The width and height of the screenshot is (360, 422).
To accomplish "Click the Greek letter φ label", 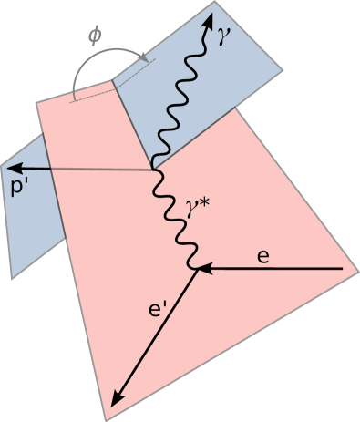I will pyautogui.click(x=95, y=36).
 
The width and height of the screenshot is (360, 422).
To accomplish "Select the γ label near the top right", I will pyautogui.click(x=224, y=35).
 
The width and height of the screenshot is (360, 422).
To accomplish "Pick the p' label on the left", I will pyautogui.click(x=19, y=189).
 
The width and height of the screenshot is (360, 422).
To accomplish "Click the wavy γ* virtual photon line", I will pyautogui.click(x=172, y=219).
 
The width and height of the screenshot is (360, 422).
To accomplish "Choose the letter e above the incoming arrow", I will pyautogui.click(x=262, y=256).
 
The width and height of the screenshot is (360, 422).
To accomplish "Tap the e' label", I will pyautogui.click(x=158, y=310).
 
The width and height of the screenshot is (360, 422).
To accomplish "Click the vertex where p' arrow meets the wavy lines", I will pyautogui.click(x=154, y=170).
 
